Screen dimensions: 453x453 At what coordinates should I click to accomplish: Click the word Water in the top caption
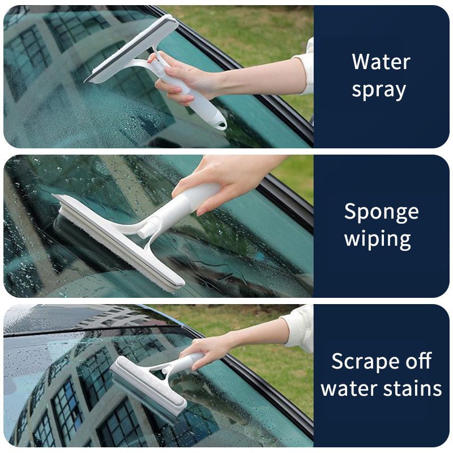coord(381,62)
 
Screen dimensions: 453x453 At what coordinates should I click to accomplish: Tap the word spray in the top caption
coord(379,91)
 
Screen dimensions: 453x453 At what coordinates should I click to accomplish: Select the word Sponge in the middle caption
coord(381,213)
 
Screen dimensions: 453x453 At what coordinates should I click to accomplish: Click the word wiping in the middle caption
coord(378,239)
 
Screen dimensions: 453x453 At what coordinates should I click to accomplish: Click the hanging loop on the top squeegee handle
coord(221,125)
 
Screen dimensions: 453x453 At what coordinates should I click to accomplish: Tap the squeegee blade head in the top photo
coord(132,49)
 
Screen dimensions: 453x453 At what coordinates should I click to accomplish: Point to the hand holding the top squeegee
coord(185,78)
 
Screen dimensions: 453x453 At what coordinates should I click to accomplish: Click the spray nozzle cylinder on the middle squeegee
coord(149,229)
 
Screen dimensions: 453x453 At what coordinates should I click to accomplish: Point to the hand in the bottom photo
coord(208,349)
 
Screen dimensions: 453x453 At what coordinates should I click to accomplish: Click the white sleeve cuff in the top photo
coord(306,68)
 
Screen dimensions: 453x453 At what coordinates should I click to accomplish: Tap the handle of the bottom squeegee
coord(185,362)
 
